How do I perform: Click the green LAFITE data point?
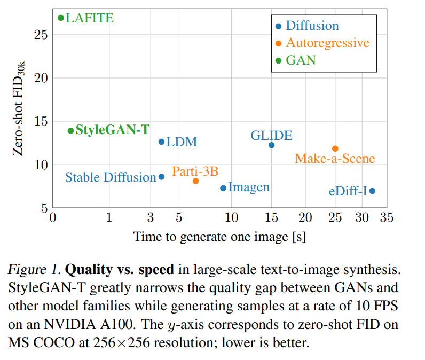point(61,18)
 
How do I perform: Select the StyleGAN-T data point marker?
point(70,131)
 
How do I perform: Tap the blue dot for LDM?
point(161,142)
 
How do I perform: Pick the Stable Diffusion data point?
point(161,177)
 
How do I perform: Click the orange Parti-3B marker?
point(195,181)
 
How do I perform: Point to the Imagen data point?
point(223,188)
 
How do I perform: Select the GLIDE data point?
point(271,145)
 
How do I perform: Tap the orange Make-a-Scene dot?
point(335,148)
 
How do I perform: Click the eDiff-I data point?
point(372,191)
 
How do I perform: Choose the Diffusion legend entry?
point(312,26)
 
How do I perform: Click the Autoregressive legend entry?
point(327,43)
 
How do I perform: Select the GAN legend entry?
point(301,60)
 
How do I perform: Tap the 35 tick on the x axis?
point(387,217)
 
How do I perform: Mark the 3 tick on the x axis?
point(150,217)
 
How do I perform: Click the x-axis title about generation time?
point(219,236)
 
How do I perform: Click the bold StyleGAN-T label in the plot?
point(112,130)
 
